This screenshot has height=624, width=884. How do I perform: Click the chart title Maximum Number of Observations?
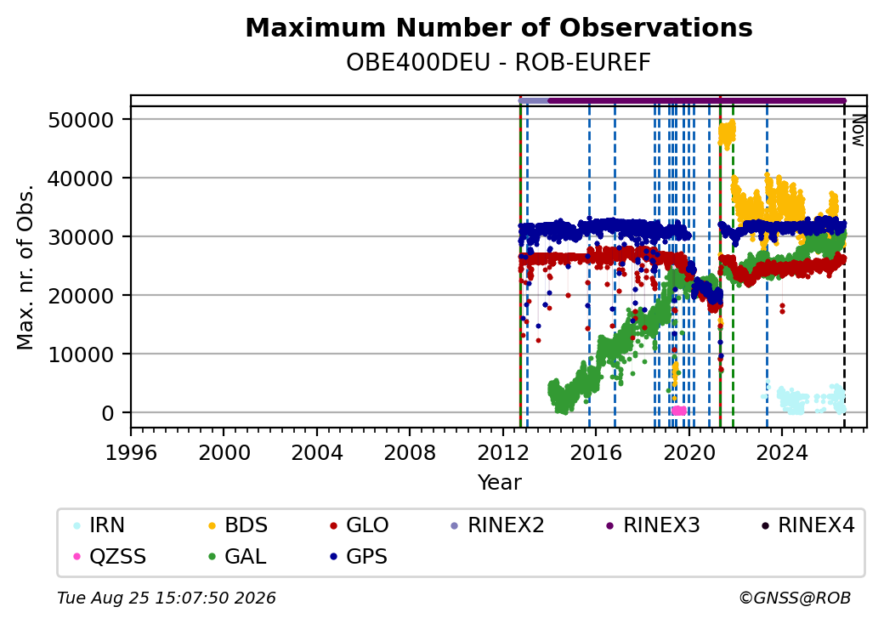(499, 27)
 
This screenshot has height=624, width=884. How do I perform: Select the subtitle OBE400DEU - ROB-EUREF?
(498, 63)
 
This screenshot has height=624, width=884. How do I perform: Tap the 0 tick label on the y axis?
(108, 413)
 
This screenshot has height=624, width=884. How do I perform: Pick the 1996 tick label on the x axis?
(131, 452)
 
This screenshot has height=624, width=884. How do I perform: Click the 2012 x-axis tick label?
(502, 452)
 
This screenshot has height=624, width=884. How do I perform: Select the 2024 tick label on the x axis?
(781, 452)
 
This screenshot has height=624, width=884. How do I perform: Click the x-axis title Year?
(500, 483)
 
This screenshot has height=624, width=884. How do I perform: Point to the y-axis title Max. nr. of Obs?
(25, 267)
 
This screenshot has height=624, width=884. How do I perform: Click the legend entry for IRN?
(99, 525)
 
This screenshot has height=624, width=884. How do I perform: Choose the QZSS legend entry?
(110, 557)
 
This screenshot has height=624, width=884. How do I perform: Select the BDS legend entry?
(237, 525)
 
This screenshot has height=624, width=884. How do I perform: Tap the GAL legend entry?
(237, 557)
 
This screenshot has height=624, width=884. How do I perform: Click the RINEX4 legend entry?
(807, 525)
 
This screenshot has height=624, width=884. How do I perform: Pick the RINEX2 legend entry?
(497, 525)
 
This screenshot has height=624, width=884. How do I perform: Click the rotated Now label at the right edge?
(858, 130)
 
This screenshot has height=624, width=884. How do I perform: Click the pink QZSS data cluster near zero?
(679, 411)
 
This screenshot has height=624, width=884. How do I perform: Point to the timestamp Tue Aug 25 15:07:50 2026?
(167, 598)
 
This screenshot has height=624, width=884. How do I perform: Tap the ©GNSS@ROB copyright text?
(795, 598)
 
